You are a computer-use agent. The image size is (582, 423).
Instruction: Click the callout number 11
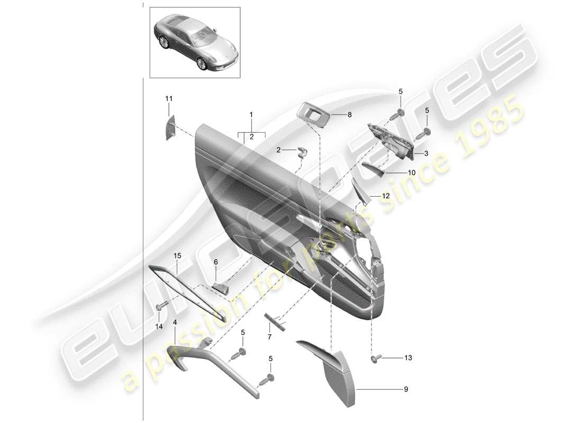(169, 99)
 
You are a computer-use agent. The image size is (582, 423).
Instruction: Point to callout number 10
(412, 172)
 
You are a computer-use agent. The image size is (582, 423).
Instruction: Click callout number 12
(385, 196)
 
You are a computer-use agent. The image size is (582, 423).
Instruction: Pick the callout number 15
(177, 256)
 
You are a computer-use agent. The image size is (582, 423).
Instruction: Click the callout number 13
(408, 358)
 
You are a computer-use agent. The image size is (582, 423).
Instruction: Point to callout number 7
(269, 337)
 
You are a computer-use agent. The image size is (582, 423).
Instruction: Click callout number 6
(216, 262)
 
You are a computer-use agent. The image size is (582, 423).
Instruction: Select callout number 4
(175, 321)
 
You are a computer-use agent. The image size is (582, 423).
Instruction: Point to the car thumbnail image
(194, 41)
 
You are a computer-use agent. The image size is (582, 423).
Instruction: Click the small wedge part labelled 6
(221, 287)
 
